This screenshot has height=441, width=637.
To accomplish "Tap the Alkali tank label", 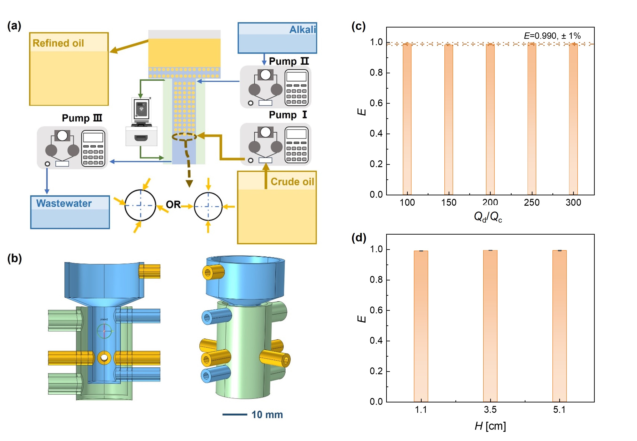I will (302, 29).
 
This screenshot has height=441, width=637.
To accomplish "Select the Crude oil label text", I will (292, 181).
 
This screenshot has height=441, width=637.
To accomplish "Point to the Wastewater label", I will (64, 203).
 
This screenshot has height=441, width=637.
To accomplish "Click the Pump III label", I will (82, 118).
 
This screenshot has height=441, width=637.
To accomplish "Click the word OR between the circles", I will (173, 205).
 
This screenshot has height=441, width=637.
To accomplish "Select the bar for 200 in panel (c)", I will (490, 119).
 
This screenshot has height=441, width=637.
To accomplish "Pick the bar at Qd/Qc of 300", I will (573, 119).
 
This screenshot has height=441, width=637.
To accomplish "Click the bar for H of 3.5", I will (490, 326).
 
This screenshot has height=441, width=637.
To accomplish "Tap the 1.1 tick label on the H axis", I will (421, 409).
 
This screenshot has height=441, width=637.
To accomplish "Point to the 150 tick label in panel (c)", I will (449, 203).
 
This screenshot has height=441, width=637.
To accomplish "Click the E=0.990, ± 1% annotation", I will (552, 36).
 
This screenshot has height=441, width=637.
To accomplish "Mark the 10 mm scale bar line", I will (235, 414).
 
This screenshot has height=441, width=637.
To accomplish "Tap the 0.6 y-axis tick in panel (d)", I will (376, 310).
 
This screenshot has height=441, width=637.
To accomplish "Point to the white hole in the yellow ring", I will (104, 358).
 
